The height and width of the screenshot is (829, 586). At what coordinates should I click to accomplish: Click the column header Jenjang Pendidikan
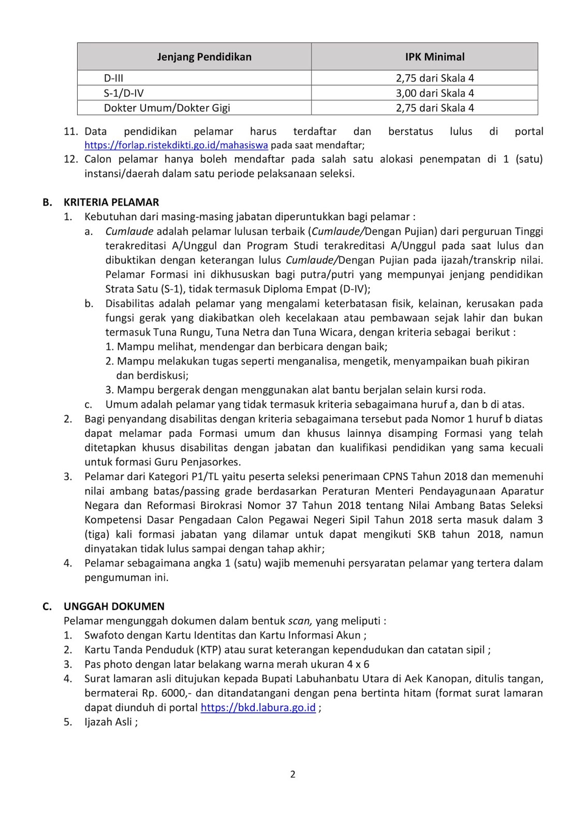[x=204, y=57]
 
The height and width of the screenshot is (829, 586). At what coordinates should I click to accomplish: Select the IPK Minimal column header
[x=434, y=57]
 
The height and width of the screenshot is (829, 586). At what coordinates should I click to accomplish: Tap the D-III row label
[x=113, y=78]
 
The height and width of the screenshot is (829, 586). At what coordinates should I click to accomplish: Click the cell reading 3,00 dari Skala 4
[x=434, y=93]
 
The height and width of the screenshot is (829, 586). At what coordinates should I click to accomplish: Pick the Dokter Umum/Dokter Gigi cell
[x=167, y=108]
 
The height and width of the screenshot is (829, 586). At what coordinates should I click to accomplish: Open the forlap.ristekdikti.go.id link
[x=176, y=146]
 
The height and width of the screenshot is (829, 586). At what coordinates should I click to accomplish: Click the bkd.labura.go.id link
[x=258, y=708]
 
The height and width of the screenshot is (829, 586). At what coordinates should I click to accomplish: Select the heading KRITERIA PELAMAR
[x=111, y=202]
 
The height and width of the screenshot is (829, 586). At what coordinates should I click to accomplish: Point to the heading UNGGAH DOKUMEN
[x=114, y=606]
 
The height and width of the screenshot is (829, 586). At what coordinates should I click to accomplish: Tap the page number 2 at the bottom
[x=292, y=774]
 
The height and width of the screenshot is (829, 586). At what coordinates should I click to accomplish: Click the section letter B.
[x=47, y=202]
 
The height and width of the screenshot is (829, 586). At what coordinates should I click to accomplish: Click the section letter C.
[x=47, y=606]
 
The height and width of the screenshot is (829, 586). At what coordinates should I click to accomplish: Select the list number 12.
[x=70, y=159]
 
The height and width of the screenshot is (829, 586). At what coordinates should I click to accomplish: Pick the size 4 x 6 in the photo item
[x=355, y=664]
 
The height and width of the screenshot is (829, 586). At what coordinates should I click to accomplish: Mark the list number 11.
[x=70, y=132]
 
